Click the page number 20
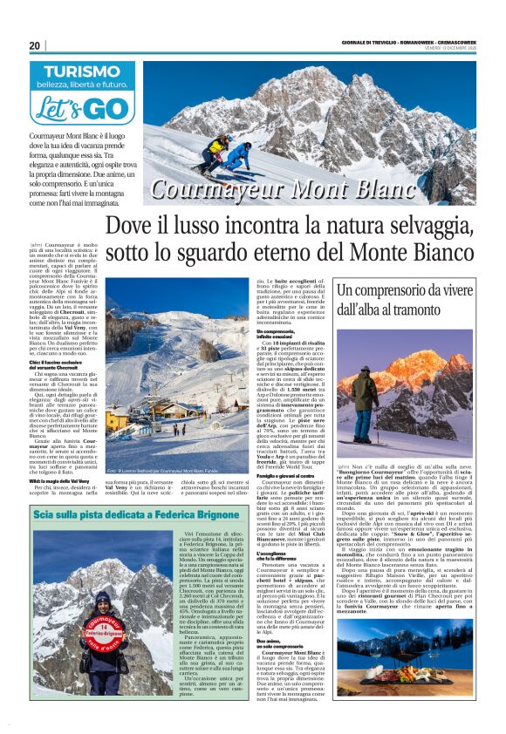click(x=35, y=44)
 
